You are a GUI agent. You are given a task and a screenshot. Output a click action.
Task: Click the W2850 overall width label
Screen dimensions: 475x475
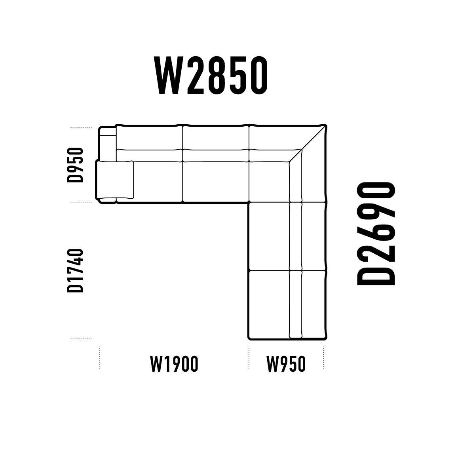(x=211, y=75)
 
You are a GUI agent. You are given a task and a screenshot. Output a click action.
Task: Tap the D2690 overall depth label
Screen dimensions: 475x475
(x=376, y=234)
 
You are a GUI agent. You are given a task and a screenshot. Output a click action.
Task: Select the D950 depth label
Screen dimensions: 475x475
(x=75, y=165)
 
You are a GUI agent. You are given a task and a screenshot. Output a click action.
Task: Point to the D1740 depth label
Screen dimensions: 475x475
(x=75, y=271)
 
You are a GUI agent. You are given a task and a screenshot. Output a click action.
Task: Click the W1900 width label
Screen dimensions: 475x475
(x=174, y=364)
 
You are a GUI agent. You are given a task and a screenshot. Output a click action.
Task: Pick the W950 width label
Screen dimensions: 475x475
(x=286, y=364)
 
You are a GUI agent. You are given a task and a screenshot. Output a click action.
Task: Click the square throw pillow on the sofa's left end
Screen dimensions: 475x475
(x=115, y=180)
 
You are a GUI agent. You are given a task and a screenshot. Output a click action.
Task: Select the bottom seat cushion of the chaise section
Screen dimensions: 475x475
(x=269, y=304)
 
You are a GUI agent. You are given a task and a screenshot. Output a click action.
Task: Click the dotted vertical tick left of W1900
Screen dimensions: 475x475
(x=100, y=358)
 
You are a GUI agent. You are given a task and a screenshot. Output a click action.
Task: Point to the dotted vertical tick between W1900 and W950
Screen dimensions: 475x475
(x=249, y=358)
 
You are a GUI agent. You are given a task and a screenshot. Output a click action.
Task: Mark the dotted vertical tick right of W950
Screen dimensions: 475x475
(x=324, y=358)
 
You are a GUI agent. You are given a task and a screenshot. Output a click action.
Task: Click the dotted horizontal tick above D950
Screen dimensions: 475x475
(x=81, y=127)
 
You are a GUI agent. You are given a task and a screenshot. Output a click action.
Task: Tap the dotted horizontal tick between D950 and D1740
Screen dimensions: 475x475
(x=81, y=202)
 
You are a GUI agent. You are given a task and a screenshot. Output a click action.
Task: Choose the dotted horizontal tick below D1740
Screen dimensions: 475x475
(x=81, y=339)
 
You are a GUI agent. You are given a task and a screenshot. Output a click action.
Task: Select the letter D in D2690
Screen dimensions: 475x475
(x=376, y=273)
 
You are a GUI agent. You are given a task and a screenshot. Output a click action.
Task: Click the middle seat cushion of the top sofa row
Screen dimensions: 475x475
(x=216, y=182)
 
